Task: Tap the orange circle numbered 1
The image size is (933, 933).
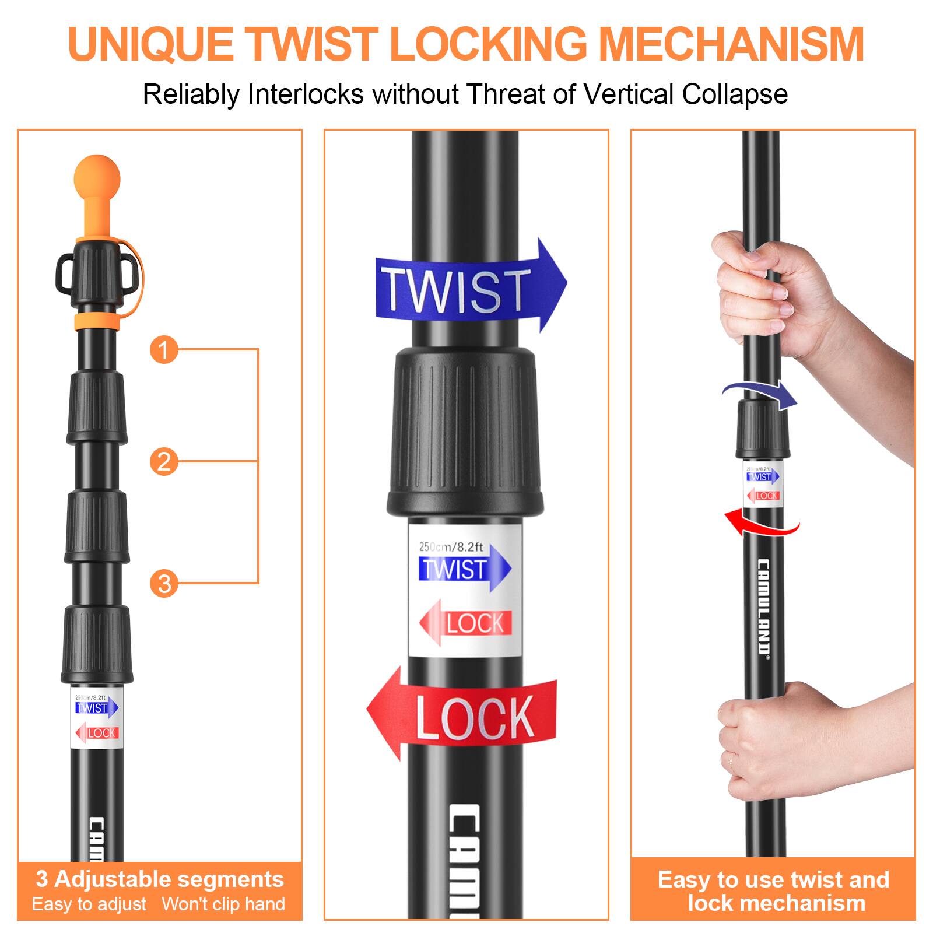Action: [x=164, y=350]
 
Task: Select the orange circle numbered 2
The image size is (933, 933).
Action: [x=164, y=461]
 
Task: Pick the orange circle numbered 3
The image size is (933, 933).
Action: [x=164, y=583]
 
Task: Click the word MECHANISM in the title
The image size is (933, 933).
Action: [x=731, y=44]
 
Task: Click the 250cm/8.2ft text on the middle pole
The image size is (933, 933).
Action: [x=451, y=547]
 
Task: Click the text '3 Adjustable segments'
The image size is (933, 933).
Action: [x=160, y=879]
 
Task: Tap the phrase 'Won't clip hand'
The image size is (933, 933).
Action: [x=223, y=904]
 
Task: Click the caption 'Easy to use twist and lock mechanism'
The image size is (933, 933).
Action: [x=773, y=891]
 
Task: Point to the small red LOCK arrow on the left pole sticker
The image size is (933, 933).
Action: [x=97, y=733]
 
